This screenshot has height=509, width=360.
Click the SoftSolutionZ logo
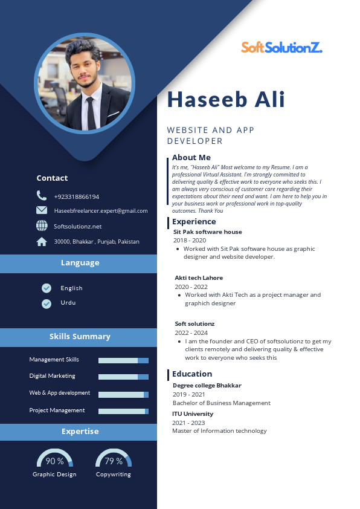click(281, 47)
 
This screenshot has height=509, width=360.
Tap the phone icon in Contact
click(42, 196)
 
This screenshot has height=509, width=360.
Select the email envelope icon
click(42, 210)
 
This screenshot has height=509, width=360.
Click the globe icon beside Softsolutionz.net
click(42, 225)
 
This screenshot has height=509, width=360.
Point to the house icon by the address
click(42, 241)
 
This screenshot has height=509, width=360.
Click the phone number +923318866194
click(77, 196)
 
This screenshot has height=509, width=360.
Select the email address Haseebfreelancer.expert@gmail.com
click(101, 211)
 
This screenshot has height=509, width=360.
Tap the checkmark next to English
click(47, 288)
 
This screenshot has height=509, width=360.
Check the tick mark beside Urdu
click(47, 303)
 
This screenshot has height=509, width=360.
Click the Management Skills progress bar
click(123, 360)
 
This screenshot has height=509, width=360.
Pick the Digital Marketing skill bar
click(123, 377)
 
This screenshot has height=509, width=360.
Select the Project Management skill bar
click(123, 411)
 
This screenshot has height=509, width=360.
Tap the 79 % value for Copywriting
click(114, 461)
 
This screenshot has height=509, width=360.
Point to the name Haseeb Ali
click(226, 100)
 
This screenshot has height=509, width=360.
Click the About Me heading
click(191, 158)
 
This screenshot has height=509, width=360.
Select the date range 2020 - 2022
click(191, 287)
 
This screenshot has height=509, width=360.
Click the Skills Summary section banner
click(79, 337)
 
